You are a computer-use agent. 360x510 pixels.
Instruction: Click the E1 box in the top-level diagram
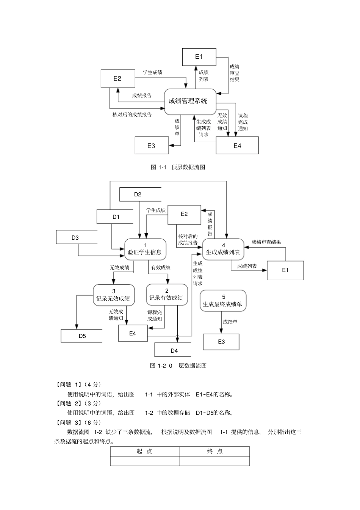pyautogui.click(x=199, y=57)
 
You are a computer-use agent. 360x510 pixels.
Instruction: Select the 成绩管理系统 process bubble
pyautogui.click(x=188, y=101)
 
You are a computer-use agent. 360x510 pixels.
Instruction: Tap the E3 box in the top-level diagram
pyautogui.click(x=152, y=146)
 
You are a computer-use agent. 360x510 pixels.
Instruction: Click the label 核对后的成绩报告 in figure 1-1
pyautogui.click(x=132, y=115)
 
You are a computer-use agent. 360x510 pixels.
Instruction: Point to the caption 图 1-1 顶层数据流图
pyautogui.click(x=178, y=167)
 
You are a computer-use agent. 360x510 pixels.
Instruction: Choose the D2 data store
pyautogui.click(x=138, y=195)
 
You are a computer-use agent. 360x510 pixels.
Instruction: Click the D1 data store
pyautogui.click(x=116, y=217)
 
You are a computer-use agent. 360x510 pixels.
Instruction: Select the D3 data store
pyautogui.click(x=75, y=238)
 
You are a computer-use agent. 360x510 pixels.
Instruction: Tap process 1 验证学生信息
pyautogui.click(x=145, y=249)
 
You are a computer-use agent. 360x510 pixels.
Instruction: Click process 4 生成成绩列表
pyautogui.click(x=223, y=249)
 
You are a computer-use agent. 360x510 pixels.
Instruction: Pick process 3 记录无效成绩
pyautogui.click(x=113, y=295)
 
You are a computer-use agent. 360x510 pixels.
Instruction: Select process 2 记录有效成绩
pyautogui.click(x=166, y=295)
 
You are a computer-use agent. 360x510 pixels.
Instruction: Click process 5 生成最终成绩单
pyautogui.click(x=223, y=301)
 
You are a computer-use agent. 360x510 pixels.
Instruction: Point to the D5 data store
pyautogui.click(x=82, y=336)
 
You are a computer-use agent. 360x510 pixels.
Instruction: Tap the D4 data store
pyautogui.click(x=174, y=351)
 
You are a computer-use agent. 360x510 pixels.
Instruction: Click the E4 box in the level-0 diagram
pyautogui.click(x=133, y=334)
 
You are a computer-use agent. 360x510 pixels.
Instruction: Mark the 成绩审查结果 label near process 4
pyautogui.click(x=266, y=242)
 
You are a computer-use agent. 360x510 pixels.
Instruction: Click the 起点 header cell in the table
pyautogui.click(x=145, y=451)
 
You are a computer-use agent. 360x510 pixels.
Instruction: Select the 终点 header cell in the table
pyautogui.click(x=215, y=451)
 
